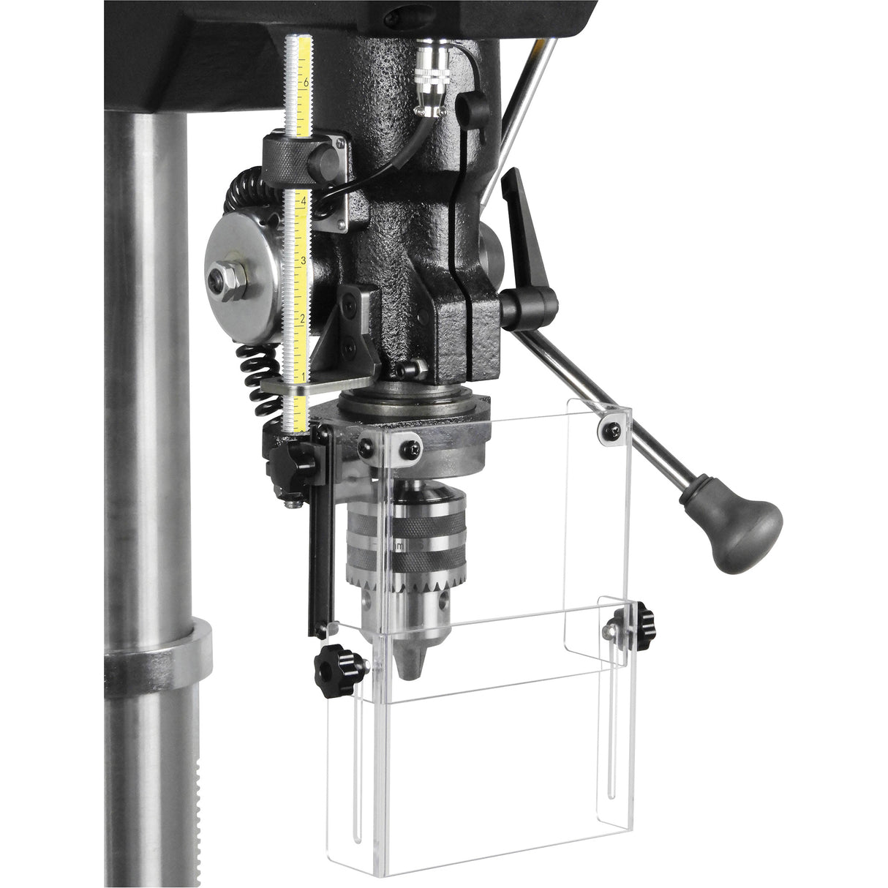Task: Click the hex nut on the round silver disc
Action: click(232, 280)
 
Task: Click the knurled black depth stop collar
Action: click(284, 156)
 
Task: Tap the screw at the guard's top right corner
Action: click(611, 430)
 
